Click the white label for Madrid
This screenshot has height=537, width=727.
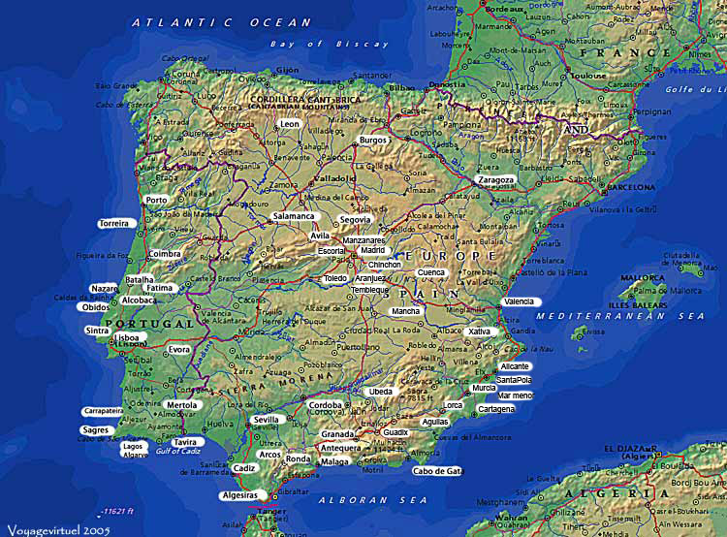(373, 250)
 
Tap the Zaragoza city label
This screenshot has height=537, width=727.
(496, 180)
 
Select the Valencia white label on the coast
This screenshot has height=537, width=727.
(519, 302)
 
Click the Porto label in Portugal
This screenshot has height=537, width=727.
(156, 201)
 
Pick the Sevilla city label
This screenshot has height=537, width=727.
(266, 420)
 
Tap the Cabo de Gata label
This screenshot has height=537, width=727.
(438, 471)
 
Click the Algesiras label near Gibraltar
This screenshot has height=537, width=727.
(239, 495)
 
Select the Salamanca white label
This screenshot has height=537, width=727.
(294, 216)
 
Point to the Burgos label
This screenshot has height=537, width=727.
(373, 141)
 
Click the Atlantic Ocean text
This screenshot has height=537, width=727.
(222, 22)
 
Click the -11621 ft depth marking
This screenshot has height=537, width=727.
(118, 510)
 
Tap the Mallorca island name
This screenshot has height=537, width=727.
(643, 277)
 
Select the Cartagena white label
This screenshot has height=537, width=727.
(497, 409)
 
